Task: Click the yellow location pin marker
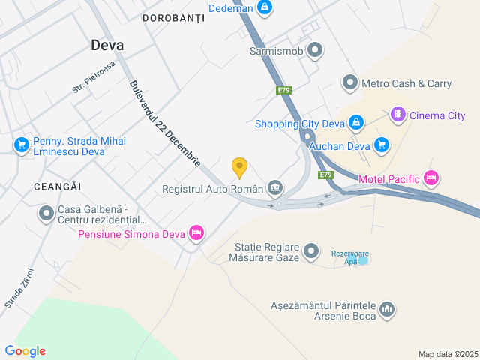239,167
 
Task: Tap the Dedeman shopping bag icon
264,7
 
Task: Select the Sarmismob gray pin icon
316,52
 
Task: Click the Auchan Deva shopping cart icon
382,144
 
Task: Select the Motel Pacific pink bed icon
430,178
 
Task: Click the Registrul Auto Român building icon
275,187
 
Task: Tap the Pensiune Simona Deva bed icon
196,233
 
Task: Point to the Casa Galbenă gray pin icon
46,214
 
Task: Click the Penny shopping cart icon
20,145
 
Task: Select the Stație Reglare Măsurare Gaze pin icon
313,251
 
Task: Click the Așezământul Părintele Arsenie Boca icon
388,309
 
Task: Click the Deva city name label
107,45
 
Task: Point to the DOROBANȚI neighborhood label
173,16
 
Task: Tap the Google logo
25,351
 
